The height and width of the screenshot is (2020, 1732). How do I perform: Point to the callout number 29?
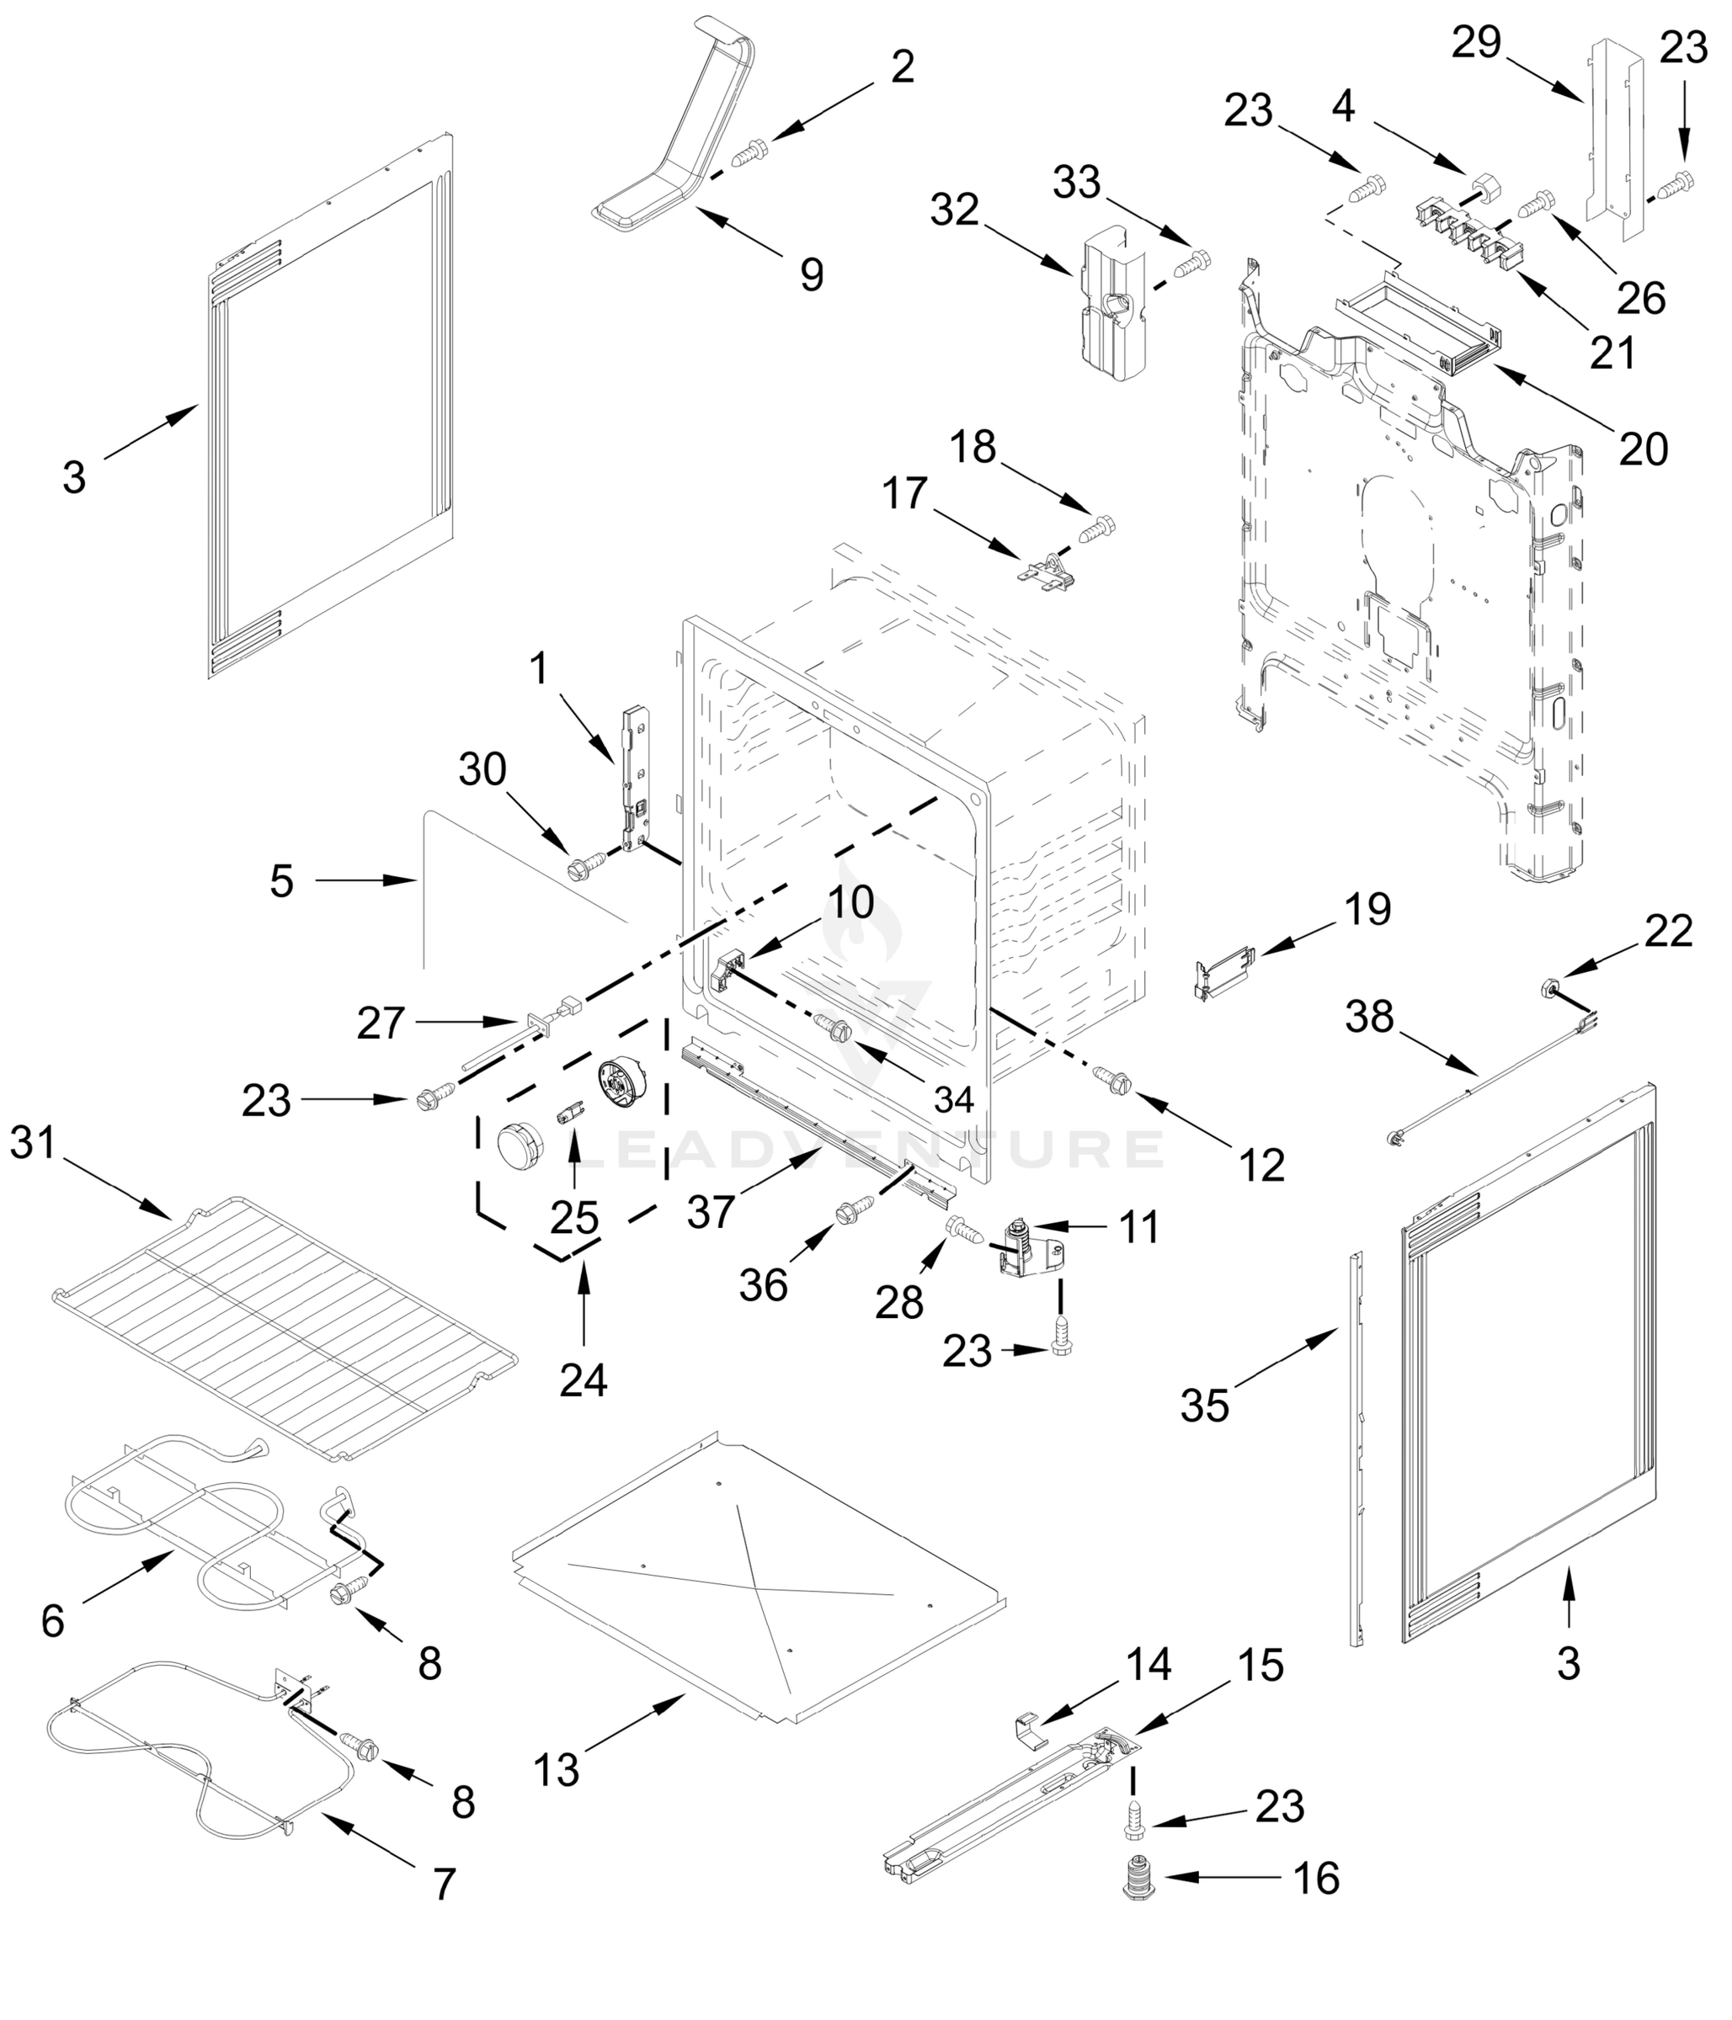[1475, 44]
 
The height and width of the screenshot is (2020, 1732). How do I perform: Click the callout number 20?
[1644, 449]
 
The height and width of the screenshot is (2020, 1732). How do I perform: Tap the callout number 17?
[904, 493]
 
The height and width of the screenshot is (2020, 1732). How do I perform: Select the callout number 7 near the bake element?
[444, 1884]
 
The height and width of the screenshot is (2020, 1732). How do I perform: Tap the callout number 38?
[1369, 1017]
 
